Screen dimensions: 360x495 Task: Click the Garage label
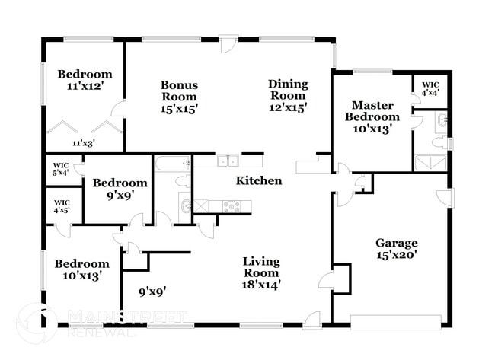(396, 249)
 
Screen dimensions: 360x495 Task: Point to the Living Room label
(261, 272)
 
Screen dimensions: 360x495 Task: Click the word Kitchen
(259, 181)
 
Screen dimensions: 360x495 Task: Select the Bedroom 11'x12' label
(85, 80)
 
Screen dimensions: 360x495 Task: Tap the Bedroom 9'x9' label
(120, 189)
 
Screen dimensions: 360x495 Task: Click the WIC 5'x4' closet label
(61, 169)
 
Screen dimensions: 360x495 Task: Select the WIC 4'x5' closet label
(61, 205)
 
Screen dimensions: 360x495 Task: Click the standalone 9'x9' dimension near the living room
(152, 290)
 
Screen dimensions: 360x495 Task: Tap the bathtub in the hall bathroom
(172, 162)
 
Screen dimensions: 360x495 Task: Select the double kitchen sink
(227, 161)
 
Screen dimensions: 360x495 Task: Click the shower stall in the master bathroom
(430, 161)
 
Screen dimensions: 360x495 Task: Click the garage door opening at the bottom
(395, 322)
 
